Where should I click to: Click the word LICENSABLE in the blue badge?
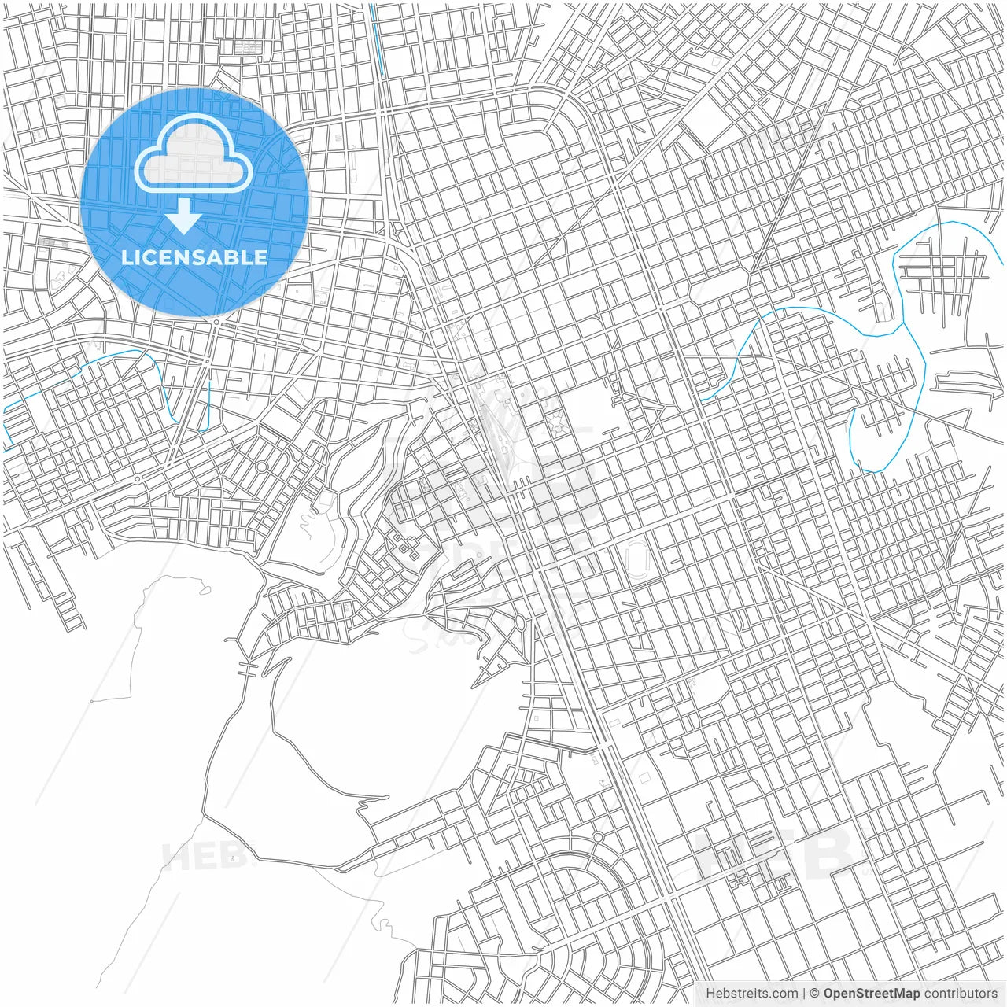tap(194, 257)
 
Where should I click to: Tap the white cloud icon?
tap(194, 156)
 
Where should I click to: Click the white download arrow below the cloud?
tap(184, 216)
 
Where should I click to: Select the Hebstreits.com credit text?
tap(751, 994)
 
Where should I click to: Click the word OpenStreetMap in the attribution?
tap(871, 994)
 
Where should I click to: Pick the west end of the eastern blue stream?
tap(702, 399)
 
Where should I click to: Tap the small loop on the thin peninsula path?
tap(205, 587)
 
